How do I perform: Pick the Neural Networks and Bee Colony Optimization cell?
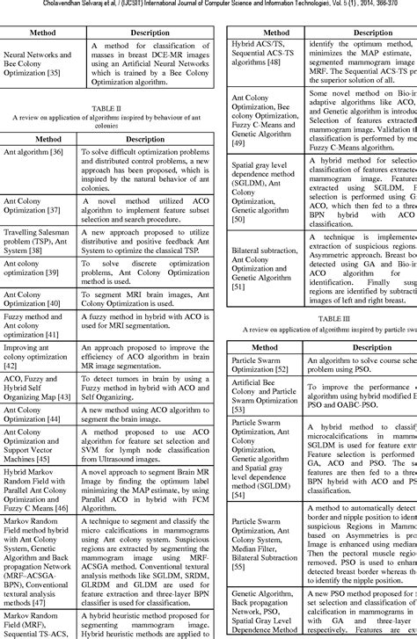[x=42, y=62]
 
